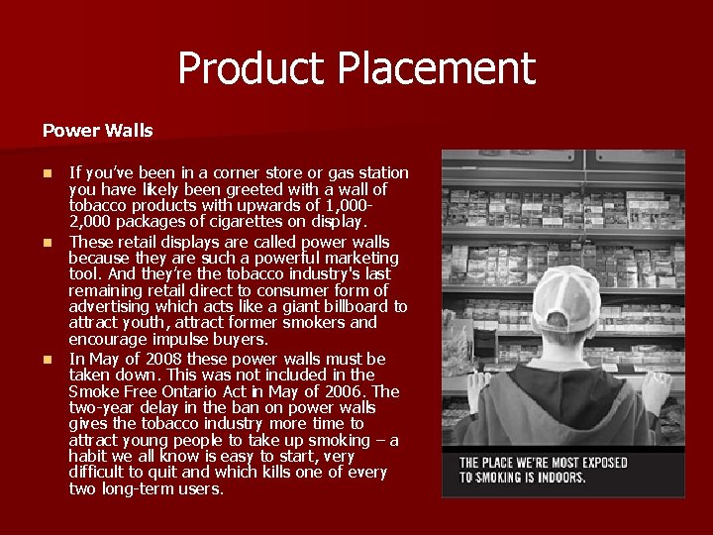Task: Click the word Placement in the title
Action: click(436, 69)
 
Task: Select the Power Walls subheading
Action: click(97, 130)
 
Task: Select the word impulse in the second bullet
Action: click(182, 339)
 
